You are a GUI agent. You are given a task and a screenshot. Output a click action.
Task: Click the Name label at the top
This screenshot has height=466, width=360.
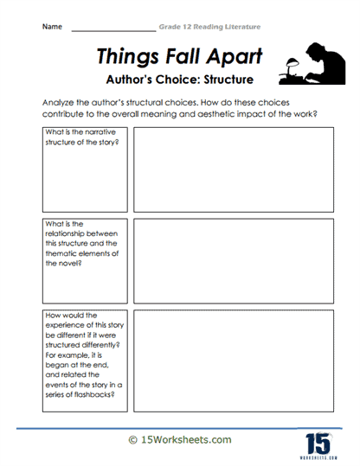click(x=52, y=28)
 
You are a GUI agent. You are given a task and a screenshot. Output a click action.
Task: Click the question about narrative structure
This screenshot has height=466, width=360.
click(x=80, y=137)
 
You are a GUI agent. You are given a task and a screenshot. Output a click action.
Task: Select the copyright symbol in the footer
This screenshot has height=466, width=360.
click(x=132, y=439)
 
